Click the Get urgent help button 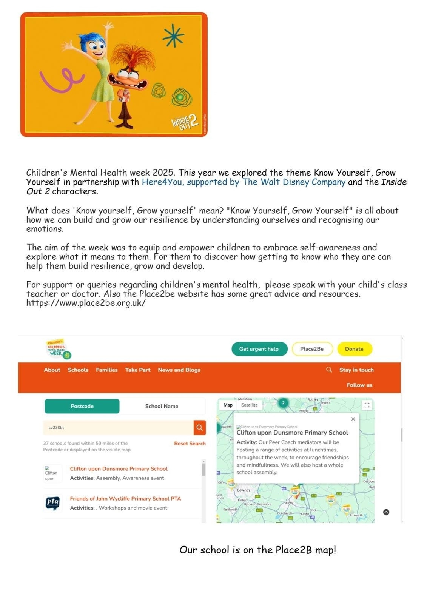259,349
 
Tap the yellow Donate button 354,349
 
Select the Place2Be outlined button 312,349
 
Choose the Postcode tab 82,406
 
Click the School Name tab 162,406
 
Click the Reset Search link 190,444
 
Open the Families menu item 106,370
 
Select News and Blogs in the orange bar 179,370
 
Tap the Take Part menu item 137,370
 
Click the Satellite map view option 249,405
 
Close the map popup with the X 353,419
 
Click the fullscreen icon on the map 367,405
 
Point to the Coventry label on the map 244,490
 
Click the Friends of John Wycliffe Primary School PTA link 125,499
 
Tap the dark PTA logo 53,502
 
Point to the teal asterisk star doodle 173,35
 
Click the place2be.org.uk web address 86,303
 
